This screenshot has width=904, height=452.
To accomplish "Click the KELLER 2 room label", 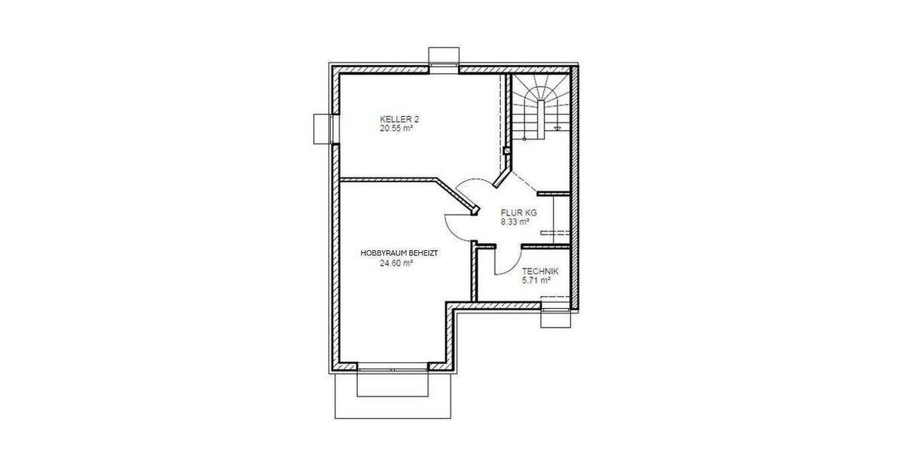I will pyautogui.click(x=399, y=120).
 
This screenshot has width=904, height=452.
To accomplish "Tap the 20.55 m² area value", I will pyautogui.click(x=396, y=129).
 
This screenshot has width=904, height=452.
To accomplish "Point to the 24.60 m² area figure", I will pyautogui.click(x=396, y=264).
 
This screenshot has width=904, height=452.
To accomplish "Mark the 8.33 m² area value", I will pyautogui.click(x=516, y=222).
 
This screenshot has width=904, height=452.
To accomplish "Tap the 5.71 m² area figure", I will pyautogui.click(x=536, y=280).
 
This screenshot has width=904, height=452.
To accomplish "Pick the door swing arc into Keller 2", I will pyautogui.click(x=472, y=185).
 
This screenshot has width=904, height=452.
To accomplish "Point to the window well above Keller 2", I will pyautogui.click(x=443, y=58).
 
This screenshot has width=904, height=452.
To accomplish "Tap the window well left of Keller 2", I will pyautogui.click(x=322, y=127).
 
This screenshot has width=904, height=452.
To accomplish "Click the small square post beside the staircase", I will pyautogui.click(x=507, y=151).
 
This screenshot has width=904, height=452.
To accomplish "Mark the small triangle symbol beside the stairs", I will pyautogui.click(x=557, y=130).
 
